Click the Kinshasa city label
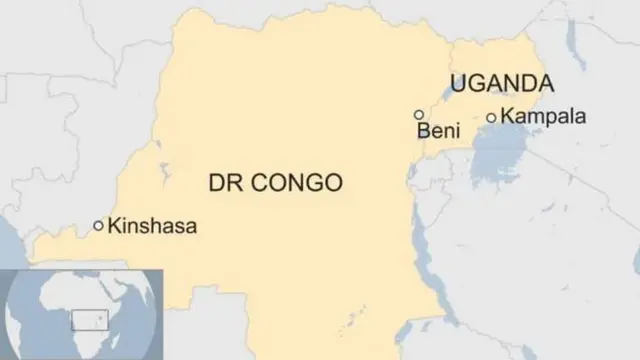click(x=152, y=227)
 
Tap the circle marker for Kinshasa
click(x=98, y=226)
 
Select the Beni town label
click(x=438, y=132)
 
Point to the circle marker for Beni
click(x=418, y=115)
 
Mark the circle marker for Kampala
click(x=491, y=118)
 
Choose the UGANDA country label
click(x=502, y=84)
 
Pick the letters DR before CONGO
click(x=222, y=183)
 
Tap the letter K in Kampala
click(x=507, y=117)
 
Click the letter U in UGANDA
click(x=459, y=84)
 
